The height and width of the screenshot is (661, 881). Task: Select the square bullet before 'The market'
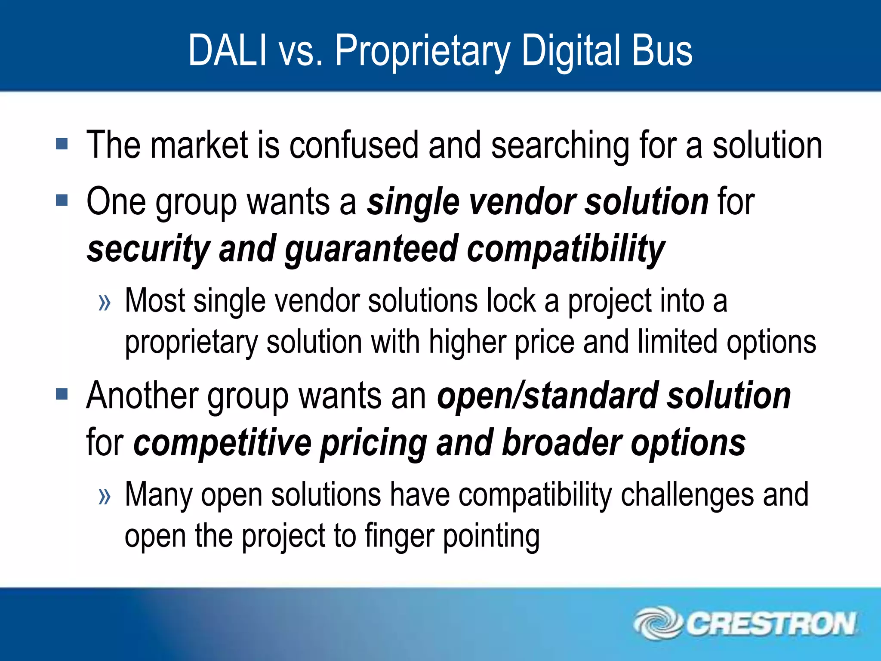[x=62, y=144]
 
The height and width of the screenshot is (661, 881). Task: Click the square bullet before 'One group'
[x=62, y=200]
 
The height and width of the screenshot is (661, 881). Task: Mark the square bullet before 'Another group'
[x=62, y=394]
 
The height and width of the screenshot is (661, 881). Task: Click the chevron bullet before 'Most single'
[x=105, y=303]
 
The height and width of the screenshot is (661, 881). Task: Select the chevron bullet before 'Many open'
[x=105, y=497]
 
